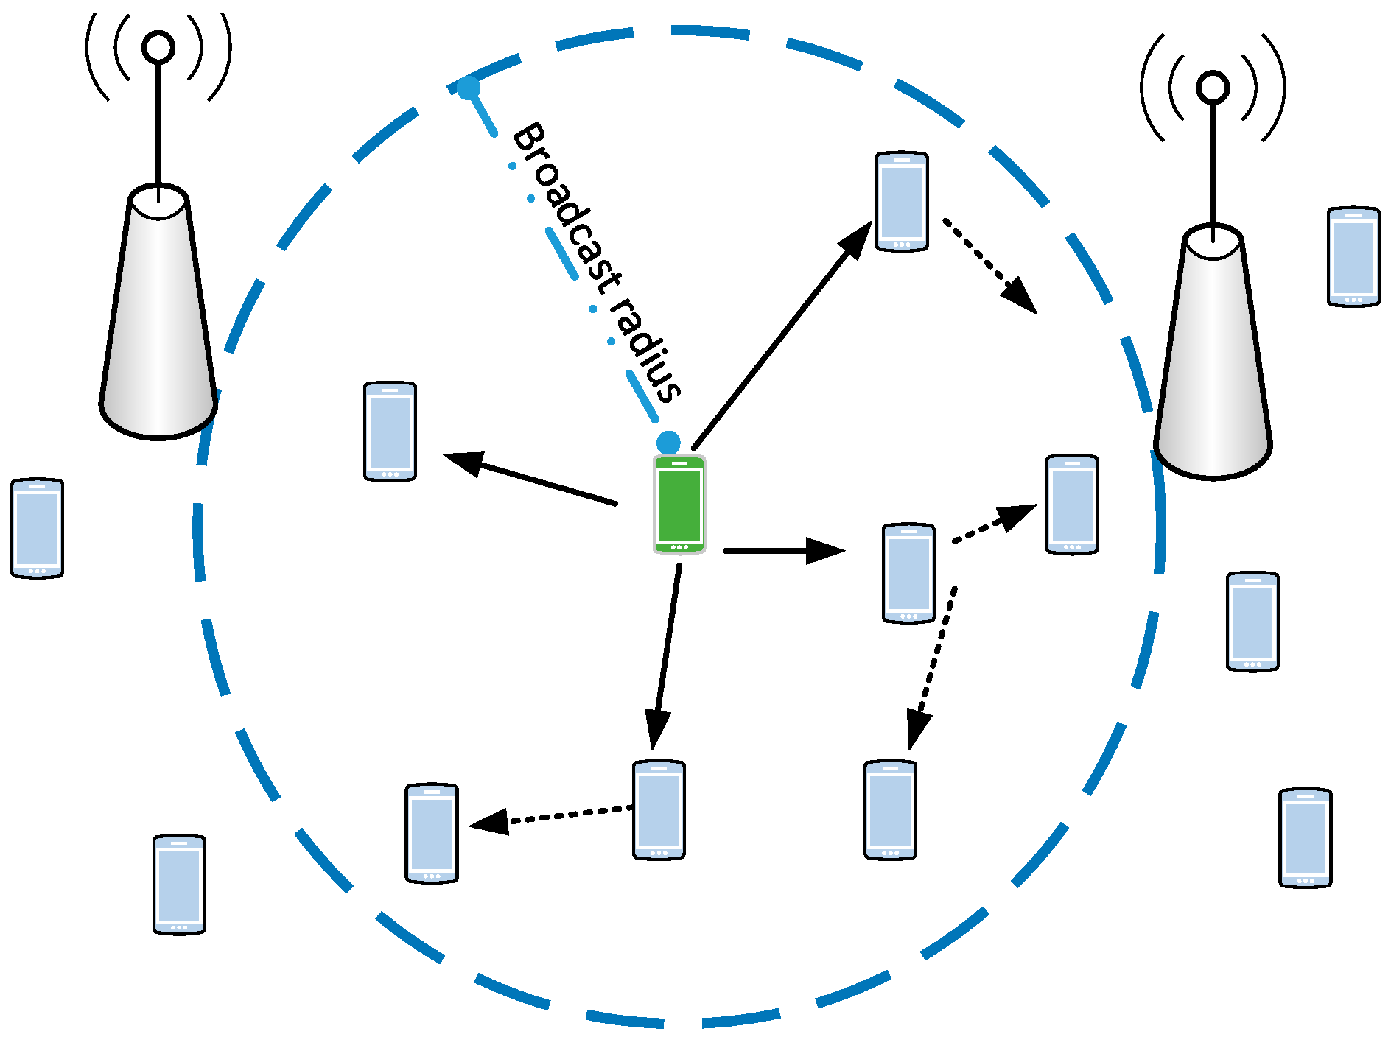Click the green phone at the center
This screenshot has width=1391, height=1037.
[x=679, y=505]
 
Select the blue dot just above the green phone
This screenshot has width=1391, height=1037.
[x=668, y=442]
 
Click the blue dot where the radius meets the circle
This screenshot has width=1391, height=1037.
[x=469, y=88]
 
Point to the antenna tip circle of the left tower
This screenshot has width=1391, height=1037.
[x=158, y=47]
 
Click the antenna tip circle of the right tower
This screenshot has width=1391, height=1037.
[x=1213, y=88]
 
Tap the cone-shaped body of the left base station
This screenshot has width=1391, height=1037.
[x=158, y=317]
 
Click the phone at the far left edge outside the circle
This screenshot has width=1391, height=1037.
[x=37, y=528]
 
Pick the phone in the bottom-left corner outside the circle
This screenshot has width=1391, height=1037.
[x=179, y=884]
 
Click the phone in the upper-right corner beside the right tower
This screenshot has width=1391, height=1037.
[x=1353, y=256]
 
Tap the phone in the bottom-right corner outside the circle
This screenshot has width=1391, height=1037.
[x=1305, y=837]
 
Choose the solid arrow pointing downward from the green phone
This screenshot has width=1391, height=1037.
[x=665, y=655]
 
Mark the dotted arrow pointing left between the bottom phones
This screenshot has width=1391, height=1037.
[x=553, y=816]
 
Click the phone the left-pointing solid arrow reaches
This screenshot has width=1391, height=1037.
[x=390, y=432]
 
